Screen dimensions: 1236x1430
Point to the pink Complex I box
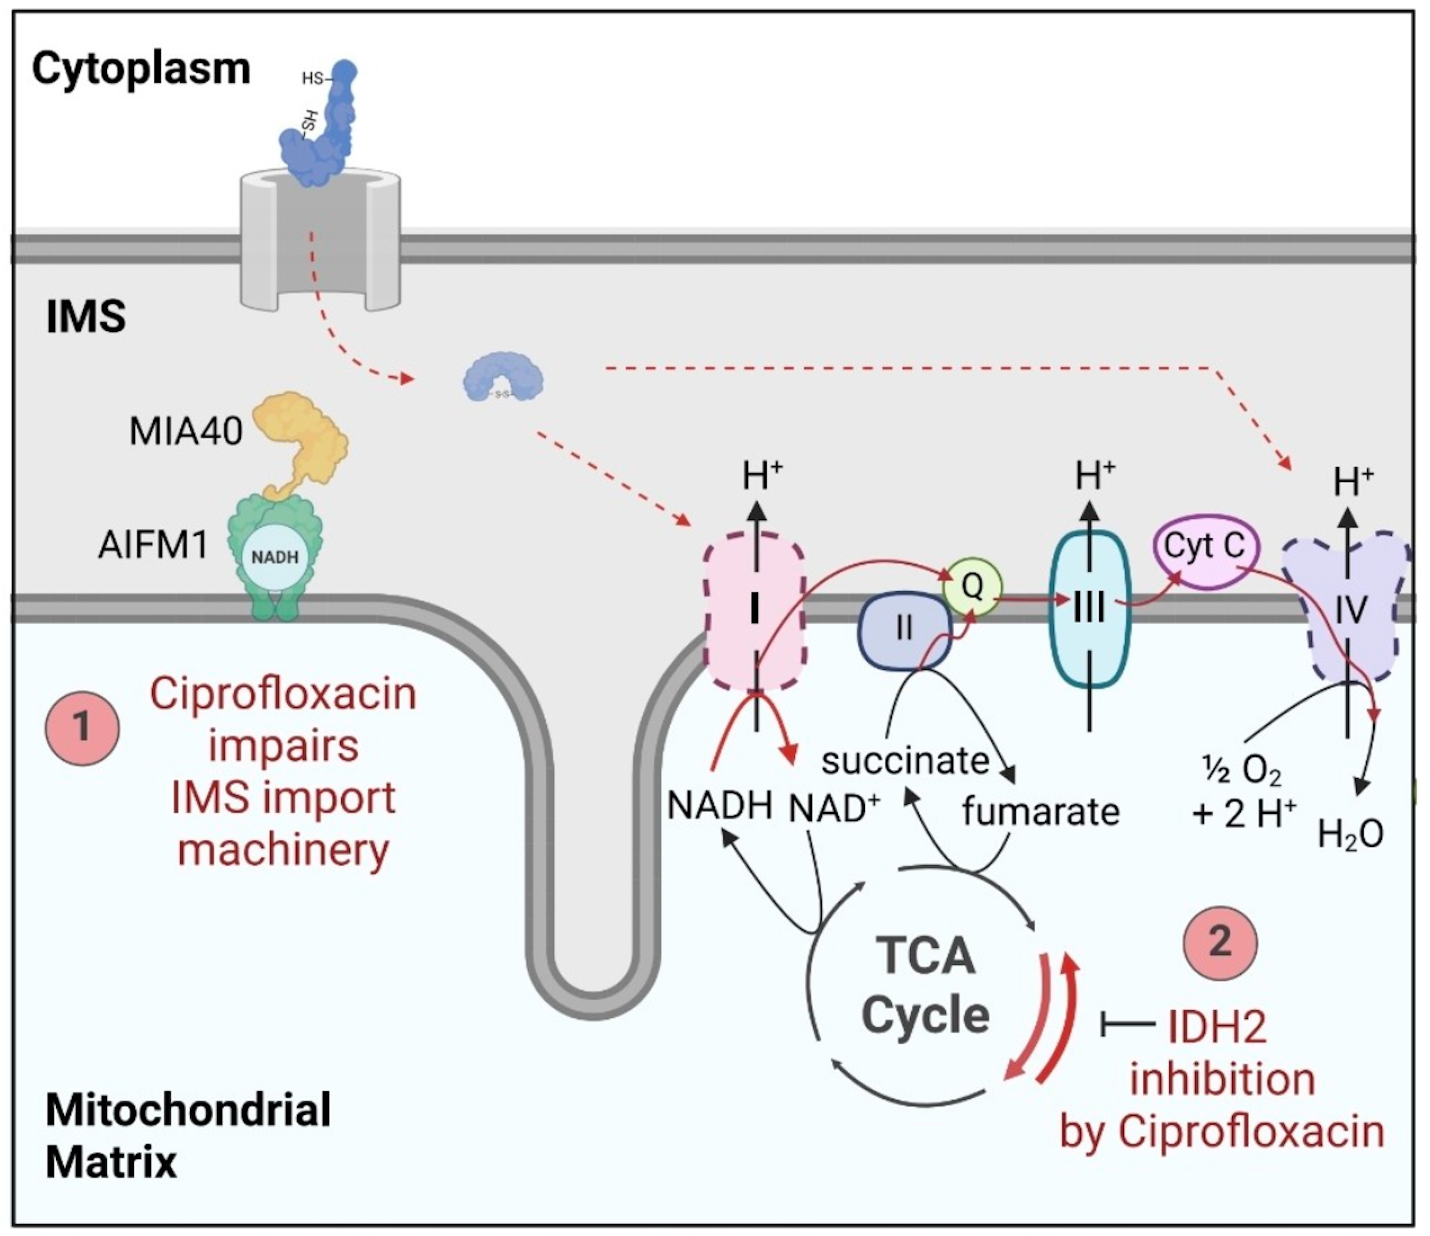[x=754, y=611]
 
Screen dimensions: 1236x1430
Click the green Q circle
[x=973, y=587]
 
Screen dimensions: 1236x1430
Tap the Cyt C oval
[x=1204, y=546]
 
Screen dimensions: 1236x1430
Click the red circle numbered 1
[x=82, y=728]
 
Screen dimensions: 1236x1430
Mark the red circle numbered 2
[x=1220, y=942]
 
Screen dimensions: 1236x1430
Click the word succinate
[x=905, y=761]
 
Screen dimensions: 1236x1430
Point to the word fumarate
[x=1040, y=812]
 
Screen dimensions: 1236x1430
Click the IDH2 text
[x=1217, y=1027]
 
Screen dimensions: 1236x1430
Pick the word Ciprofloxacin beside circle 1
[x=283, y=694]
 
